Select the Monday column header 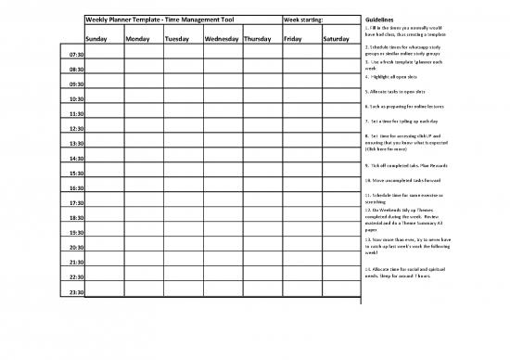(137, 39)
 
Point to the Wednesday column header (222, 39)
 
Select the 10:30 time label (76, 98)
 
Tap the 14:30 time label (76, 159)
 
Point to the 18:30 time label (76, 218)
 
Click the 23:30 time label (76, 292)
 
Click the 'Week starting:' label (304, 19)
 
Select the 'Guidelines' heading (380, 19)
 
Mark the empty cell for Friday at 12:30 (301, 126)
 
